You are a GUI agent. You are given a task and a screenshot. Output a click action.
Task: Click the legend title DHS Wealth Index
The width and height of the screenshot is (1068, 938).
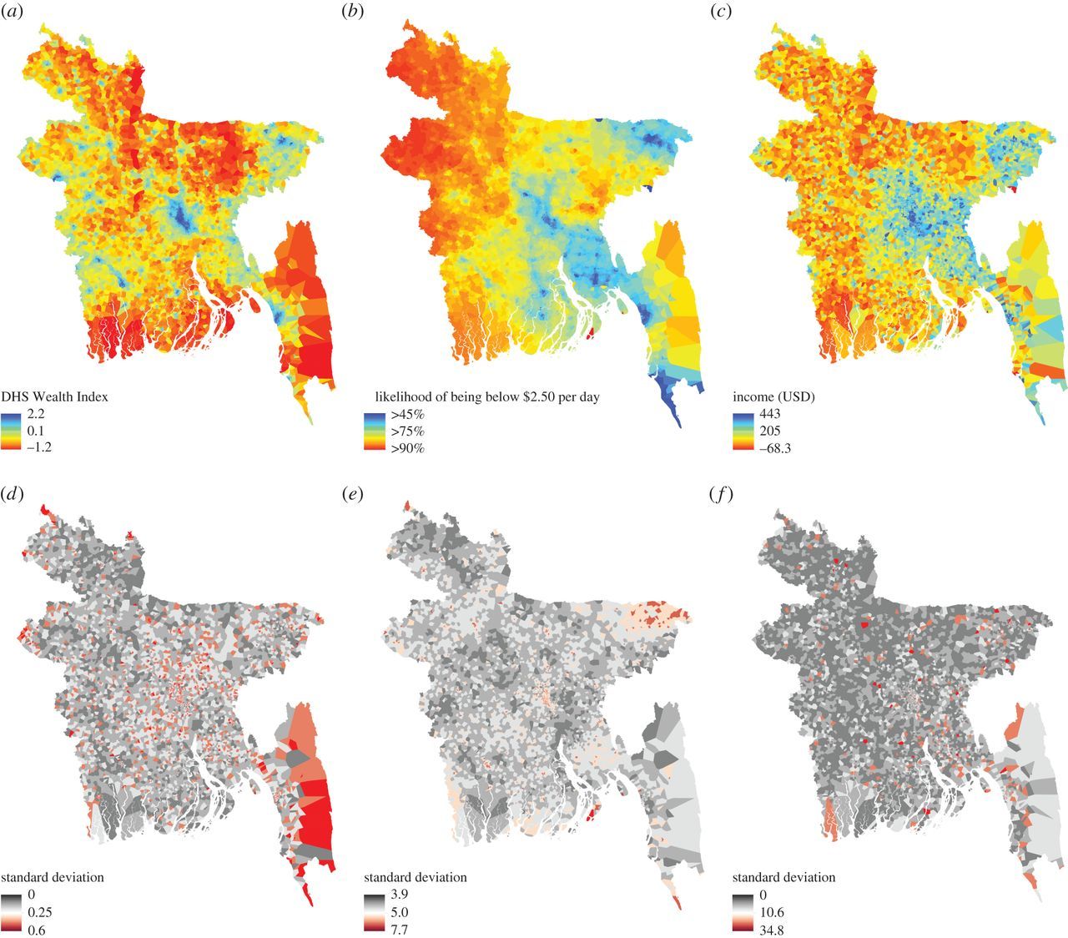[54, 397]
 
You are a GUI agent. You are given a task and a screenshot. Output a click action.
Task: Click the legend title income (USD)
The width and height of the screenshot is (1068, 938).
[773, 397]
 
